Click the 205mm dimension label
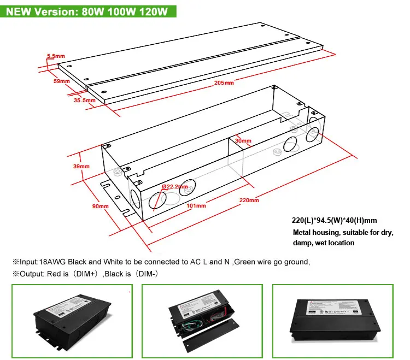pos(224,83)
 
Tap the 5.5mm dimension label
pos(55,56)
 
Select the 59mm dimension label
pos(62,81)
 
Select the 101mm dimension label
pos(196,206)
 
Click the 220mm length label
pos(249,200)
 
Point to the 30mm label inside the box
pos(243,141)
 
